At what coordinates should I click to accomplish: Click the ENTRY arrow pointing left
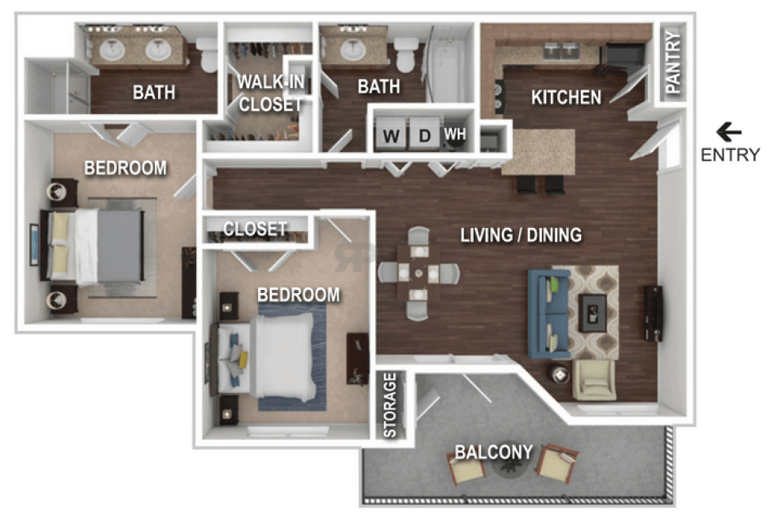coord(729,132)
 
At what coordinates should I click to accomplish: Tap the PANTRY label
coord(673,62)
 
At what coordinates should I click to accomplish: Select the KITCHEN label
coord(566,97)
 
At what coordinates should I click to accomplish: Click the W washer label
coord(392,135)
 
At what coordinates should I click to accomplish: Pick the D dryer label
coord(424,135)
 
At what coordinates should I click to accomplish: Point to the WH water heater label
coord(454,134)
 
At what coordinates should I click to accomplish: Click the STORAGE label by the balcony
coord(390,405)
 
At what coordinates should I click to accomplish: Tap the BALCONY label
coord(494,452)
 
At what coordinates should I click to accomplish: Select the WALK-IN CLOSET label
coord(271,93)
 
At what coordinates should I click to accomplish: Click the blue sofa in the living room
coord(546,313)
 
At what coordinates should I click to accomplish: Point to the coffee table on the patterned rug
coord(592,313)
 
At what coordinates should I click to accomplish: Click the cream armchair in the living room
coord(594,379)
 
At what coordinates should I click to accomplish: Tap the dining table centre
coord(419,272)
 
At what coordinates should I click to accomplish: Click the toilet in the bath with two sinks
coord(207,55)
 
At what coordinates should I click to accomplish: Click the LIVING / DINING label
coord(521,235)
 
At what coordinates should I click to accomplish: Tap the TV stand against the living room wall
coord(653,313)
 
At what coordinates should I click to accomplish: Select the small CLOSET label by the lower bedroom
coord(255,229)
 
